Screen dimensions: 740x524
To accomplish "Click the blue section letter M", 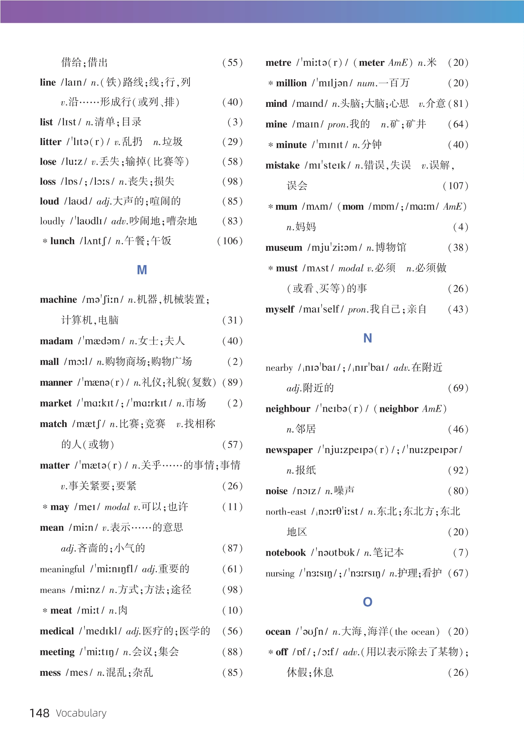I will click(142, 270).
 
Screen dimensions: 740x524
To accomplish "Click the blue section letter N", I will click(367, 338).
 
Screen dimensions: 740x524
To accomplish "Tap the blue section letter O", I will click(367, 602).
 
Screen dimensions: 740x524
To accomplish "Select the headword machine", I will click(58, 300).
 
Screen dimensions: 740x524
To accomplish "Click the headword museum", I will click(284, 248).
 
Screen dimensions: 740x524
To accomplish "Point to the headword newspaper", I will click(289, 450).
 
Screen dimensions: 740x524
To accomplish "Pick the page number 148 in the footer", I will click(39, 713).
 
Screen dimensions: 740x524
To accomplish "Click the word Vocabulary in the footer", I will click(81, 713).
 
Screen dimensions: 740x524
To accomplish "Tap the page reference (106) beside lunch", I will click(230, 241).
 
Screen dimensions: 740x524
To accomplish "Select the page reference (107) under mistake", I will click(456, 186).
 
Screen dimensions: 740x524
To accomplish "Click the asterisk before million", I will click(271, 84).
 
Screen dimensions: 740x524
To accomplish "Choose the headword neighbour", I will click(288, 409).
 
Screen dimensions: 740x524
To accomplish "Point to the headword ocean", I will click(278, 632).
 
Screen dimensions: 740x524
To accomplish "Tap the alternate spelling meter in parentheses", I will click(371, 63).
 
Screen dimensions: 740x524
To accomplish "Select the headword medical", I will click(57, 631).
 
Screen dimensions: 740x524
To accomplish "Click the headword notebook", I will click(286, 553).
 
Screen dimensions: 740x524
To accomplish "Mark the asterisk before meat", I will click(45, 611).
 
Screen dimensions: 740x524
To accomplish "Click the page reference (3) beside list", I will click(235, 122).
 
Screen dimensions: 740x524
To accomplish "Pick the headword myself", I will click(279, 309).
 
